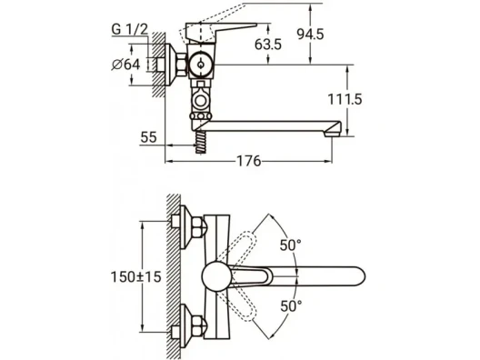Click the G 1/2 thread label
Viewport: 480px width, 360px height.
coord(129,29)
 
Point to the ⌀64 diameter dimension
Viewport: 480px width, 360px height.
coord(125,65)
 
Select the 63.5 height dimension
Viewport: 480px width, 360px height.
coord(268,45)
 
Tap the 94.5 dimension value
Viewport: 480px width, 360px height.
coord(310,34)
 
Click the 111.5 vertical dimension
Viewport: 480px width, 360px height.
coord(345,99)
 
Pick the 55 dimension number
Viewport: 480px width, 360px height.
coord(148,137)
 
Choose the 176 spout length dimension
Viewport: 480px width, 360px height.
coord(249,161)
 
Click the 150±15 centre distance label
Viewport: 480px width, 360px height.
coord(135,277)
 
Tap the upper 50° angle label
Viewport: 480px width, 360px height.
coord(291,245)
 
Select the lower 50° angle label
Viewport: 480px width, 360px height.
coord(291,305)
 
